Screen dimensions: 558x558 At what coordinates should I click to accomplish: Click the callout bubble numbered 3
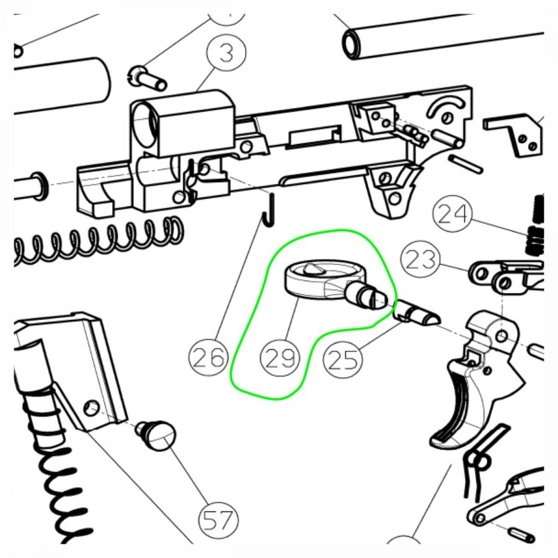click(226, 52)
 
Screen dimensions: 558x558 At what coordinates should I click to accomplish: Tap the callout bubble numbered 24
click(452, 213)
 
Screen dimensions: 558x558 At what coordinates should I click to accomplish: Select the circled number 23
click(420, 259)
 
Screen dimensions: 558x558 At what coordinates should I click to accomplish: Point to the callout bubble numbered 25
click(342, 359)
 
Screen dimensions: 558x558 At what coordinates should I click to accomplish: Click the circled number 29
click(280, 358)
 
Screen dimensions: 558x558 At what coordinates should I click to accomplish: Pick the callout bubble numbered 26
click(208, 356)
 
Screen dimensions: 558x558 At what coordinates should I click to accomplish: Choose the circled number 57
click(218, 520)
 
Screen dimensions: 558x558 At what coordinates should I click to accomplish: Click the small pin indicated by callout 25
click(417, 313)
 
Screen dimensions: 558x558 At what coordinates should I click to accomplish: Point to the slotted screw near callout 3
click(146, 78)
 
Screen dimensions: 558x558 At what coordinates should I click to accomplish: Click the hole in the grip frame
click(91, 407)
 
